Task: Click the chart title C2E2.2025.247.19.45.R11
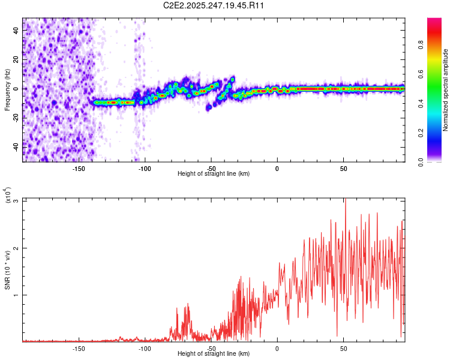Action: [x=214, y=5]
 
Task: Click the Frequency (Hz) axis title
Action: [x=7, y=90]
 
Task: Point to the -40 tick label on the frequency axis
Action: [x=16, y=146]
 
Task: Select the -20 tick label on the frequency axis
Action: [x=16, y=118]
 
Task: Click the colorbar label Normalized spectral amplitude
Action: [x=446, y=90]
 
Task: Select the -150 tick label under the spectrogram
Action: [x=79, y=168]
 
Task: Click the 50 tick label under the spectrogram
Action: [x=343, y=168]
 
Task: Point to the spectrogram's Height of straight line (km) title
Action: [x=214, y=174]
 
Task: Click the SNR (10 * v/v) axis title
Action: [x=7, y=270]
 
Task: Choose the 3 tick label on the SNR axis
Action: [x=17, y=200]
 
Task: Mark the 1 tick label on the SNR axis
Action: [x=17, y=295]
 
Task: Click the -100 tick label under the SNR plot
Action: [x=145, y=348]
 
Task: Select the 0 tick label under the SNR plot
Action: [x=277, y=348]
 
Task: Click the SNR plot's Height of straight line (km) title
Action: [x=214, y=354]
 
